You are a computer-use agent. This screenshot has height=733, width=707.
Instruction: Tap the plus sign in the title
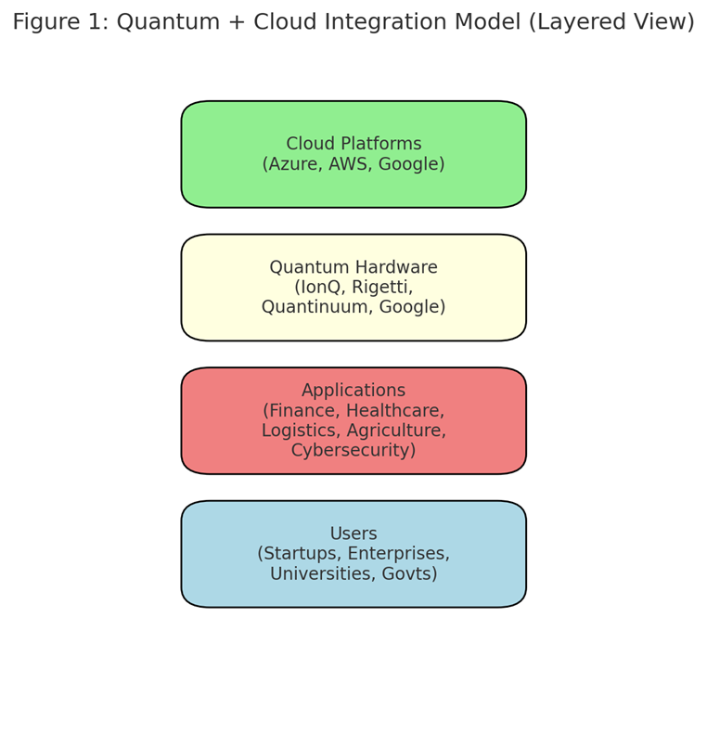(x=237, y=22)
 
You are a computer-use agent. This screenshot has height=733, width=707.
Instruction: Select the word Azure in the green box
(x=292, y=164)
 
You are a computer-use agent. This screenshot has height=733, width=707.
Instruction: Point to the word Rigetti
(x=382, y=287)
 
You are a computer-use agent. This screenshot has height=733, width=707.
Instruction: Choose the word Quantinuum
(x=317, y=307)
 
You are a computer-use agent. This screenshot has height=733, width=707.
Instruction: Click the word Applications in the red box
(x=353, y=390)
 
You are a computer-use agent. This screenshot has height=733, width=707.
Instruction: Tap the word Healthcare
(x=395, y=410)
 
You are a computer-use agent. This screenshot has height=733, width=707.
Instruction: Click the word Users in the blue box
(x=353, y=534)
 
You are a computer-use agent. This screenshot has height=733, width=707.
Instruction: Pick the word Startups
(x=300, y=554)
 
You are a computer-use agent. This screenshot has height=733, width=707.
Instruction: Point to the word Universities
(x=323, y=573)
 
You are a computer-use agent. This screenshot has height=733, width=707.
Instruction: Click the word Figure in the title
(x=46, y=22)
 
